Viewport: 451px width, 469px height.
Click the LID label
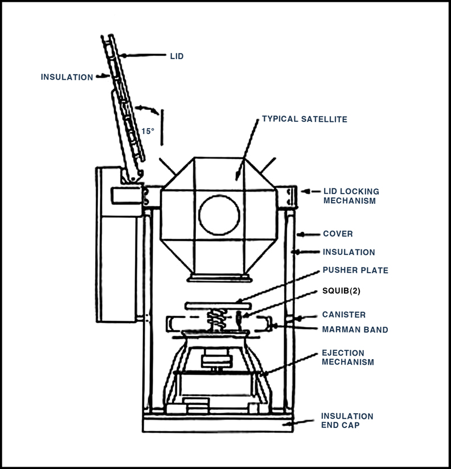(177, 56)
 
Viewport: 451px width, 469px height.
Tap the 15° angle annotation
(147, 131)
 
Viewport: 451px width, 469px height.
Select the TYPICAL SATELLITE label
(305, 119)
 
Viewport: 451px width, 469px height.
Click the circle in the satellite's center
(219, 215)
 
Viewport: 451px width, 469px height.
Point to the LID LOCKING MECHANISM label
(351, 196)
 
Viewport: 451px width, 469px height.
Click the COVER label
(338, 233)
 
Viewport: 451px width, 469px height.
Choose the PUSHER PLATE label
(355, 270)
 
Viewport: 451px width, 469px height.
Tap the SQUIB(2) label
(341, 291)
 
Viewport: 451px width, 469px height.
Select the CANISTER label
(344, 315)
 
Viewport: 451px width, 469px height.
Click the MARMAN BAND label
(355, 330)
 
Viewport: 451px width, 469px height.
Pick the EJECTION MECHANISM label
(348, 357)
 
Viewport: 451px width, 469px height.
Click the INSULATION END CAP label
(347, 421)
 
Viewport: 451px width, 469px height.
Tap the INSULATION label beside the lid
(67, 77)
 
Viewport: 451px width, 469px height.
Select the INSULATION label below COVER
(348, 252)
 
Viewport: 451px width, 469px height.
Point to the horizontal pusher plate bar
(218, 306)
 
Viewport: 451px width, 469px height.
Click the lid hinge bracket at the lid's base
(132, 176)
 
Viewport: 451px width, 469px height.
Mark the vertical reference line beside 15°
(162, 127)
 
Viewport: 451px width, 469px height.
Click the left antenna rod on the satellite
(167, 166)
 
